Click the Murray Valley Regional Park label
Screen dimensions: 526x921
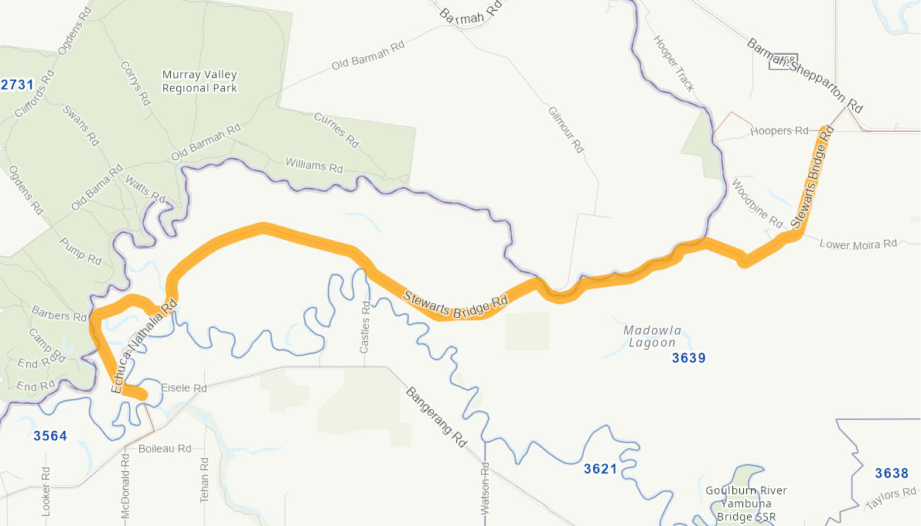(x=200, y=81)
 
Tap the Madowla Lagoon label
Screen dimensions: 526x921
(x=653, y=336)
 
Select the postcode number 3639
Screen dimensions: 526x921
(x=689, y=357)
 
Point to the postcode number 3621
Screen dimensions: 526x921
(x=601, y=469)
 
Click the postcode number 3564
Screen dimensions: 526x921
(x=50, y=436)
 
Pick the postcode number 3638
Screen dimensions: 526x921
(x=892, y=473)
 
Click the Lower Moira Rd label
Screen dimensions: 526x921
(x=858, y=244)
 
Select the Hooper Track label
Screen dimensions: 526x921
(x=675, y=63)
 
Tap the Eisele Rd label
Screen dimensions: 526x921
(x=183, y=388)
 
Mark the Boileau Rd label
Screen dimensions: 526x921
(x=164, y=449)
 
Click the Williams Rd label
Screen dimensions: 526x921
(x=314, y=166)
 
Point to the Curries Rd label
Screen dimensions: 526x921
(x=336, y=130)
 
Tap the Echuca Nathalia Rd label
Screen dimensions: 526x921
(x=145, y=347)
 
